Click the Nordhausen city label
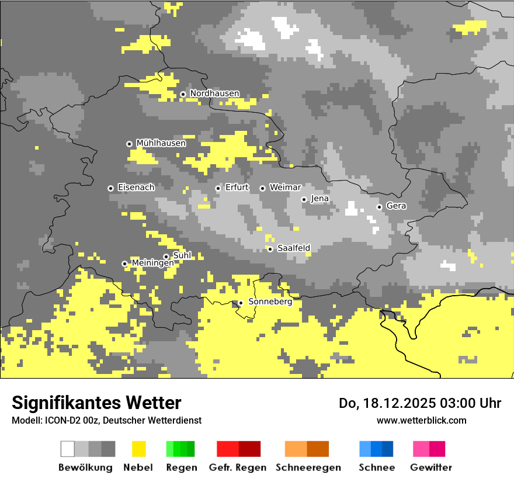point(214,93)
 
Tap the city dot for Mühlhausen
point(129,144)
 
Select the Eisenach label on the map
point(136,188)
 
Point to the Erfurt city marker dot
point(218,188)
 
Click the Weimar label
point(285,188)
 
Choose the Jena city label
point(319,199)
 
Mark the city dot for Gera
point(379,207)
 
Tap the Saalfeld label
point(293,248)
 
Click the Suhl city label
point(182,255)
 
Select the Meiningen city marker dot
point(124,264)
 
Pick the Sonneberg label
point(270,302)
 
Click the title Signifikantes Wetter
point(96,403)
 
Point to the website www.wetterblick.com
point(421,420)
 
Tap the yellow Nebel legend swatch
point(138,449)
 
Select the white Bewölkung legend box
point(68,449)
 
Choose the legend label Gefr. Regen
point(237,467)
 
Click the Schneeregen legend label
point(308,467)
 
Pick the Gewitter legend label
point(430,467)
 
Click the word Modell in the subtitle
point(25,420)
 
